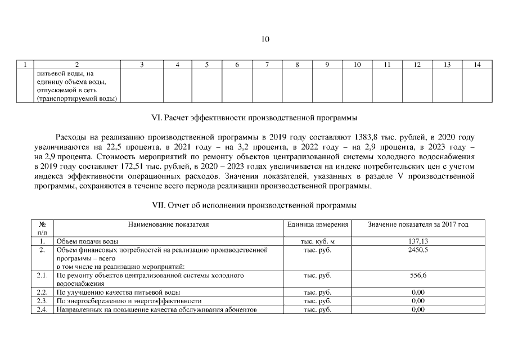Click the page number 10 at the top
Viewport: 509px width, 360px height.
point(265,39)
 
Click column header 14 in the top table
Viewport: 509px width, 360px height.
point(477,65)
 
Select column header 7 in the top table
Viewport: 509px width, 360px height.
point(267,65)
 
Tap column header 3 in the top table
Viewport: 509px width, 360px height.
point(142,65)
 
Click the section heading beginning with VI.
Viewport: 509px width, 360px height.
point(254,118)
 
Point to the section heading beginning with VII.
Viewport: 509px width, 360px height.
point(254,205)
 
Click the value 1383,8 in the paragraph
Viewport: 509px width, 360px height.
point(366,137)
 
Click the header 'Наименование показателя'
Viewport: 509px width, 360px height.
point(169,224)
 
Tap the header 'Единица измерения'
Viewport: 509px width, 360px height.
point(317,224)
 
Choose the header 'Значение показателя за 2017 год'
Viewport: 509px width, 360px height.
point(418,224)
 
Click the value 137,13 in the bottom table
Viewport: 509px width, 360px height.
point(418,241)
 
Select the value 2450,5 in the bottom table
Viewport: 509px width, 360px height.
point(418,250)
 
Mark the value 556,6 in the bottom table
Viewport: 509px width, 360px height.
point(418,276)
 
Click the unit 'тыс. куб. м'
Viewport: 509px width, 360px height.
point(317,241)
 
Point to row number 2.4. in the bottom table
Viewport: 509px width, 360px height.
point(42,309)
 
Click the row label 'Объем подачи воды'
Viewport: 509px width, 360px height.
point(87,241)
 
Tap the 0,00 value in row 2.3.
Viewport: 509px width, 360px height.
point(418,301)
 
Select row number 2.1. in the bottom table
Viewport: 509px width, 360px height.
point(42,276)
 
